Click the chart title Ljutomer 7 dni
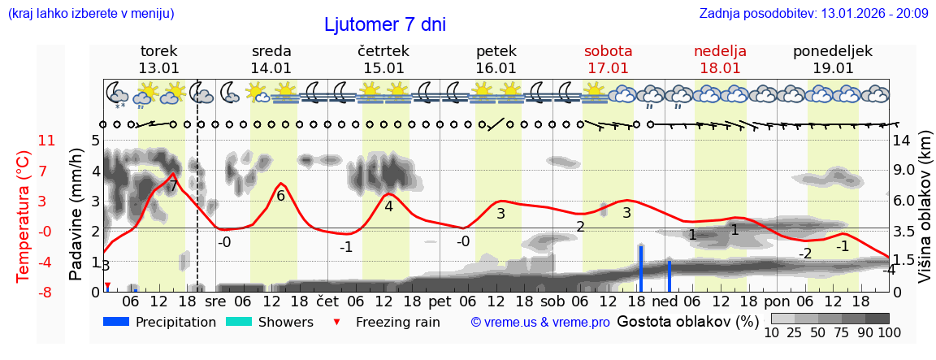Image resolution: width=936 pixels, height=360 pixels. click(385, 24)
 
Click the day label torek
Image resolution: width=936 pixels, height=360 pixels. click(158, 51)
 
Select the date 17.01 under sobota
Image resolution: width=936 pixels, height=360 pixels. click(608, 68)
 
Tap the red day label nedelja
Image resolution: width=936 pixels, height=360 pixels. click(720, 51)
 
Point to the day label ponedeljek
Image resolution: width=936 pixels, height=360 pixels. click(832, 51)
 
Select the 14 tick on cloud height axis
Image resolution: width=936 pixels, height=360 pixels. click(902, 141)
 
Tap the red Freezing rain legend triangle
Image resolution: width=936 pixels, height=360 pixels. click(337, 322)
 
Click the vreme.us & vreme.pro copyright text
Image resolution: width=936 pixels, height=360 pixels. click(540, 323)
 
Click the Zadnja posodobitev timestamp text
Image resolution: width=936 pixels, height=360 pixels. click(813, 14)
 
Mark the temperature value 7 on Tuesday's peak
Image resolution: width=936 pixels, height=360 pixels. click(172, 186)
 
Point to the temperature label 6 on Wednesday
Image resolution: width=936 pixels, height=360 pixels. click(280, 196)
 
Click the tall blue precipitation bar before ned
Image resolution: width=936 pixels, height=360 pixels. click(640, 267)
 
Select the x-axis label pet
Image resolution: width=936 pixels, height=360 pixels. click(440, 301)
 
